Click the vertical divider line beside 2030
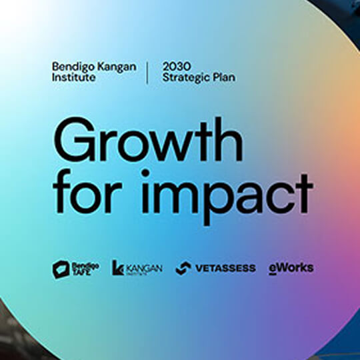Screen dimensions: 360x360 point(147,71)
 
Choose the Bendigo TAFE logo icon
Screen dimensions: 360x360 point(61,269)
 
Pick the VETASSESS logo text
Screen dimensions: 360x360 point(225,268)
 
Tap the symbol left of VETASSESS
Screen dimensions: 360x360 point(183,268)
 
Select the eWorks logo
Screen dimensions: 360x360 point(291,268)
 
